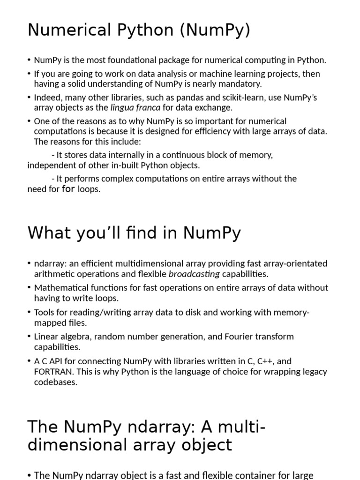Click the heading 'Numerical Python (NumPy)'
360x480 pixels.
coord(139,30)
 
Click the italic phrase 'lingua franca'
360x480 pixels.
coord(135,108)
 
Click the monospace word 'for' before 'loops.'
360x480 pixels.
coord(68,190)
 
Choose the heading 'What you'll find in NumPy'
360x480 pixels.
coord(134,233)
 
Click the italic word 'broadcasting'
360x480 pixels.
coord(194,274)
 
